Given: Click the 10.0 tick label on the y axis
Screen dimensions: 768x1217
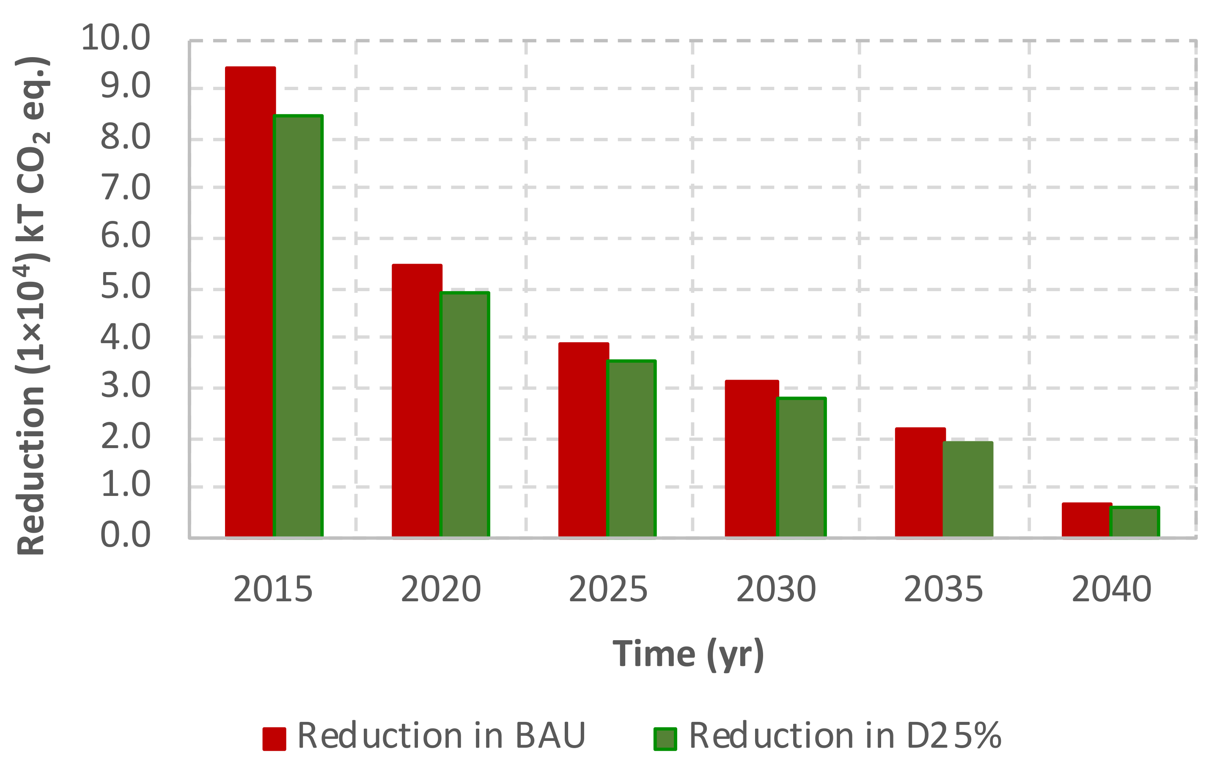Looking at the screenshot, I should pyautogui.click(x=115, y=38).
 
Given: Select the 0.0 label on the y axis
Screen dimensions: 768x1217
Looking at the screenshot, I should pyautogui.click(x=125, y=535).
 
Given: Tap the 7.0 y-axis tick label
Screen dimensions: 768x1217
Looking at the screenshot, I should pyautogui.click(x=125, y=187).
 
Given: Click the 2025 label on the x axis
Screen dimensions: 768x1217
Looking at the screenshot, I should pyautogui.click(x=608, y=589).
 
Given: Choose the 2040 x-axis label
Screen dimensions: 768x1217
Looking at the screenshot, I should pyautogui.click(x=1111, y=589).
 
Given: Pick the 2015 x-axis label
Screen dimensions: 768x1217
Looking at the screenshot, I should pyautogui.click(x=273, y=589).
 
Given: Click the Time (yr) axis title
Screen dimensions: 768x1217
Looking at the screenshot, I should pyautogui.click(x=688, y=655).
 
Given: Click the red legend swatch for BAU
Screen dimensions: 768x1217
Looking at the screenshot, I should pyautogui.click(x=274, y=739).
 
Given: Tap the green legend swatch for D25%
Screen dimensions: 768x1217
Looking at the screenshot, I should pyautogui.click(x=665, y=739).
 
